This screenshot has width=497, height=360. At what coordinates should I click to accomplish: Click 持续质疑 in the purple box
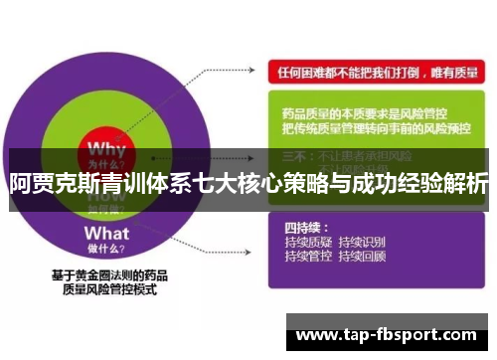tap(307, 241)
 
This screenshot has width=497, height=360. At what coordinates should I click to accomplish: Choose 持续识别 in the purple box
tap(362, 241)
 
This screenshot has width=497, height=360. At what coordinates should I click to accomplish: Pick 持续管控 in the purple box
tap(307, 256)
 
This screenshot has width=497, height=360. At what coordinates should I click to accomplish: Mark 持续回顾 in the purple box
tap(362, 256)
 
